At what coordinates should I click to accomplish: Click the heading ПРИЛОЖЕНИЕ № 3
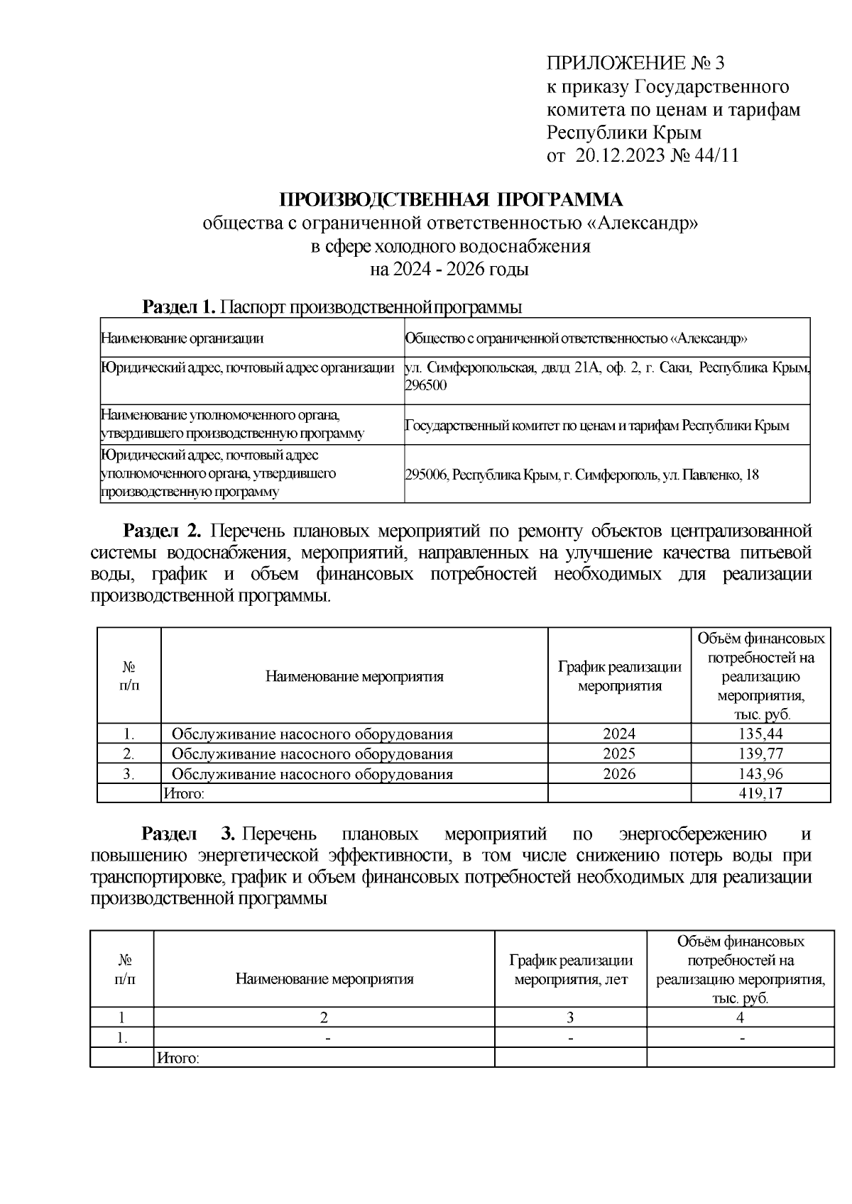pyautogui.click(x=635, y=64)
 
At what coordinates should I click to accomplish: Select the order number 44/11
pyautogui.click(x=714, y=155)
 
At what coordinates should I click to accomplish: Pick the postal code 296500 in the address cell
pyautogui.click(x=426, y=385)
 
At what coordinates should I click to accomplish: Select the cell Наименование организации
pyautogui.click(x=182, y=338)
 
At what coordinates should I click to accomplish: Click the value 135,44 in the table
pyautogui.click(x=760, y=734)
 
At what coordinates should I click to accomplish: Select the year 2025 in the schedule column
pyautogui.click(x=619, y=753)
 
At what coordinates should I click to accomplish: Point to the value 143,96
pyautogui.click(x=760, y=773)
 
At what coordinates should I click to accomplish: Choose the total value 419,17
pyautogui.click(x=760, y=793)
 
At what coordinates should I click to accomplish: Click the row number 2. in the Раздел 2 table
pyautogui.click(x=129, y=753)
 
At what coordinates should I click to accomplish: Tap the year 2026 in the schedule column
pyautogui.click(x=619, y=773)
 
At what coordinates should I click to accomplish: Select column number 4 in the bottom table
pyautogui.click(x=740, y=1017)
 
